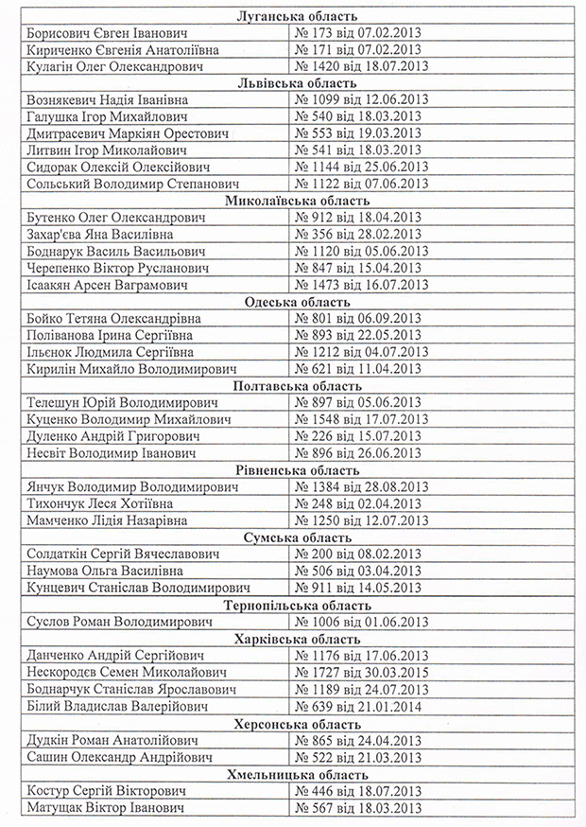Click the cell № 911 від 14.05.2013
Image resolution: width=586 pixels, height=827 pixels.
pos(359,588)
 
